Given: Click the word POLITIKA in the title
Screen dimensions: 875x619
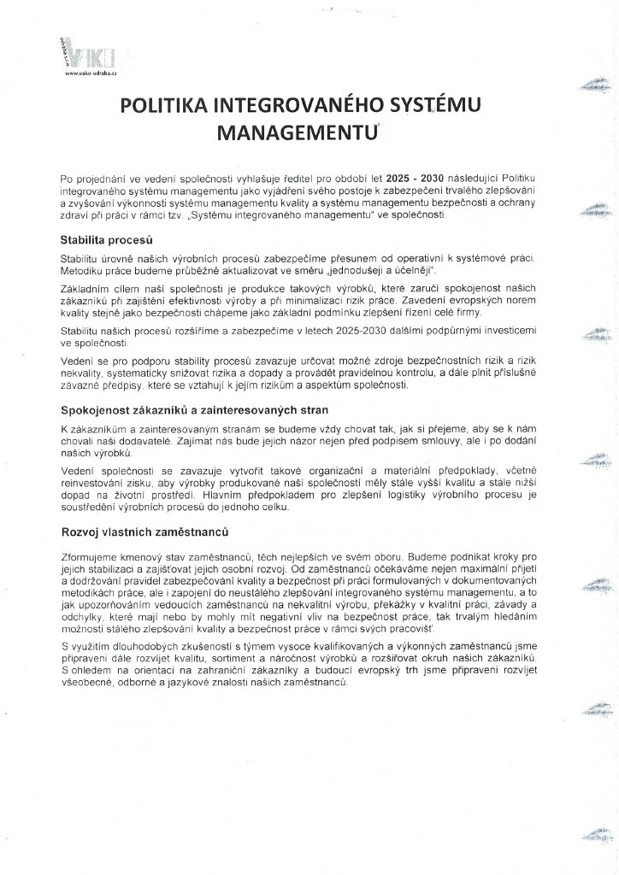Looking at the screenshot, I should (162, 107).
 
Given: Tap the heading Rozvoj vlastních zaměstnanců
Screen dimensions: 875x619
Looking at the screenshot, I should (144, 531).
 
